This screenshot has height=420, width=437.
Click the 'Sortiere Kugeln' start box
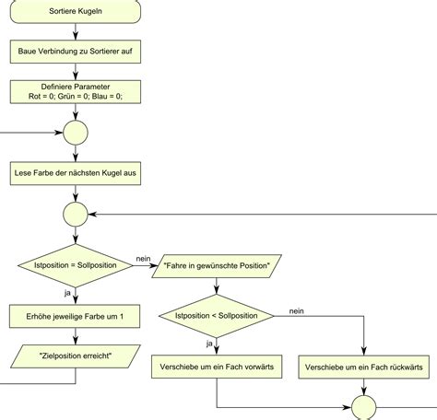76,11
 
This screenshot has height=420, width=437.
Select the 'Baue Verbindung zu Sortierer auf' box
76,52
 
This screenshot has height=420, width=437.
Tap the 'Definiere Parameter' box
76,92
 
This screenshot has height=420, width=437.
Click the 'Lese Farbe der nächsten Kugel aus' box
76,173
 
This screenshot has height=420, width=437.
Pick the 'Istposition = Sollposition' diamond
76,265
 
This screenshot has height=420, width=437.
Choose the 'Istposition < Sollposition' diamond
217,316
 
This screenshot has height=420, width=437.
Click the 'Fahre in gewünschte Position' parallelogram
217,266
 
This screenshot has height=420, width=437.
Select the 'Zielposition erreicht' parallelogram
76,356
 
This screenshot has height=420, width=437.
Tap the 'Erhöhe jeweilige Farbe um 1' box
75,316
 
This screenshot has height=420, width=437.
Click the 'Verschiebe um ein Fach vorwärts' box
217,367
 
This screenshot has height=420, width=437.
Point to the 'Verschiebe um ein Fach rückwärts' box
364,367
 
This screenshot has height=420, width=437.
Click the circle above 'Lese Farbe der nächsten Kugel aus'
76,133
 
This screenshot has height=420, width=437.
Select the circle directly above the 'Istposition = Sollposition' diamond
76,215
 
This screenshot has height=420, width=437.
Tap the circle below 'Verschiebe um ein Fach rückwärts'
364,408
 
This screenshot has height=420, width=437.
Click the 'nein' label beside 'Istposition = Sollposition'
143,259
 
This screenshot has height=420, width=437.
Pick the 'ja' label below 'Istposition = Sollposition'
67,293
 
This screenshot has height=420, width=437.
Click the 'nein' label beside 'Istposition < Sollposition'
297,311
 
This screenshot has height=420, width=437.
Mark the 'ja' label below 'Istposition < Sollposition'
209,344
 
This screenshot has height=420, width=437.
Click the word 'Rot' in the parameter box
34,97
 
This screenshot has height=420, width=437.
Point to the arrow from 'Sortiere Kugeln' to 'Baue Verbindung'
76,31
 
